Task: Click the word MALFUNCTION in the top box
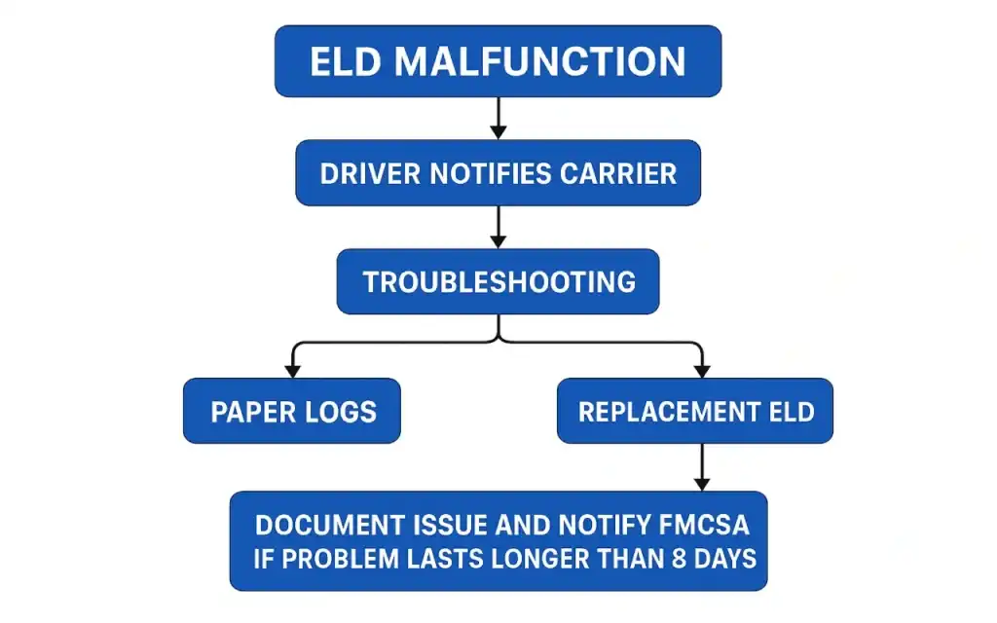coord(540,62)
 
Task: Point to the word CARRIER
coord(618,173)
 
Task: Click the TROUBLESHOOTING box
coord(498,282)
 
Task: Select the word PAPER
coord(249,412)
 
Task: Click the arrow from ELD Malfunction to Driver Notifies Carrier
coord(498,118)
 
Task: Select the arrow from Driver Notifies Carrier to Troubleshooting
coord(498,227)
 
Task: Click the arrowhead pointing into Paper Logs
coord(291,369)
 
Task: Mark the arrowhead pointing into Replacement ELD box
coord(702,369)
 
